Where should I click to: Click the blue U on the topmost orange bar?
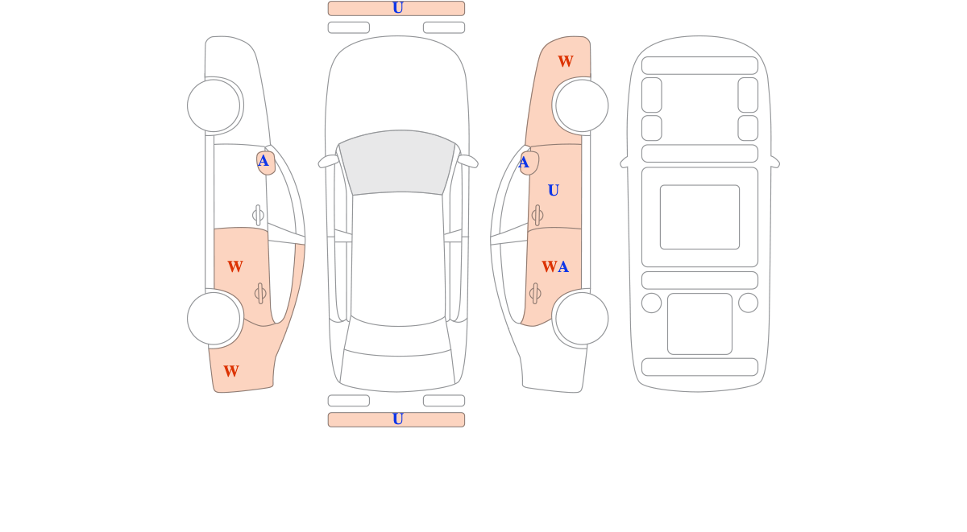click(x=397, y=8)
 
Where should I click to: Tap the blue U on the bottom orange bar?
click(x=397, y=419)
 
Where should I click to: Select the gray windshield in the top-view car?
click(x=397, y=162)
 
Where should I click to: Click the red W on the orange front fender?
click(x=566, y=61)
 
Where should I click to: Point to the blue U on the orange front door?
click(x=554, y=190)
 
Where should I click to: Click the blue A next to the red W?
click(x=563, y=267)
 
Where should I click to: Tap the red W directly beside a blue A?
click(x=549, y=267)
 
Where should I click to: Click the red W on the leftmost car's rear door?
click(x=235, y=266)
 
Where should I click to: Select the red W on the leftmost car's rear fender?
click(x=231, y=371)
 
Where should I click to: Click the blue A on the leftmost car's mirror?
click(x=264, y=161)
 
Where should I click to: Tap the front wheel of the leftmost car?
click(x=214, y=105)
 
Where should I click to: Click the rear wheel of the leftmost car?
click(x=214, y=319)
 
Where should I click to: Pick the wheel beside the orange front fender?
click(x=582, y=105)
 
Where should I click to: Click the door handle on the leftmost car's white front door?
click(x=258, y=215)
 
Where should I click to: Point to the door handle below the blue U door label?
click(x=537, y=215)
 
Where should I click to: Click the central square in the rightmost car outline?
click(x=699, y=217)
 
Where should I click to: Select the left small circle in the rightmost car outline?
click(x=651, y=303)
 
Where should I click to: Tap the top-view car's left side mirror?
click(x=329, y=161)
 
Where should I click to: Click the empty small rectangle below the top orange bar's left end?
click(x=349, y=27)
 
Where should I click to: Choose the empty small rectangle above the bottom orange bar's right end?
click(x=444, y=401)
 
